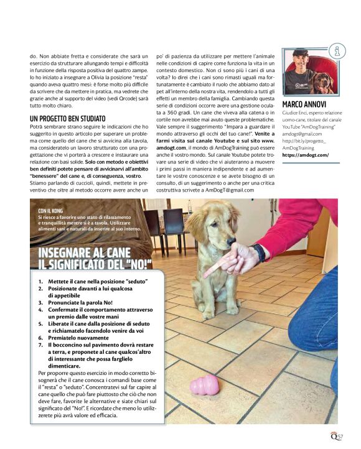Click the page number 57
[340, 438]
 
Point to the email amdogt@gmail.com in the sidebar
[302, 133]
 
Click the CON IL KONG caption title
[52, 210]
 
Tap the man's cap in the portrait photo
[300, 52]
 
